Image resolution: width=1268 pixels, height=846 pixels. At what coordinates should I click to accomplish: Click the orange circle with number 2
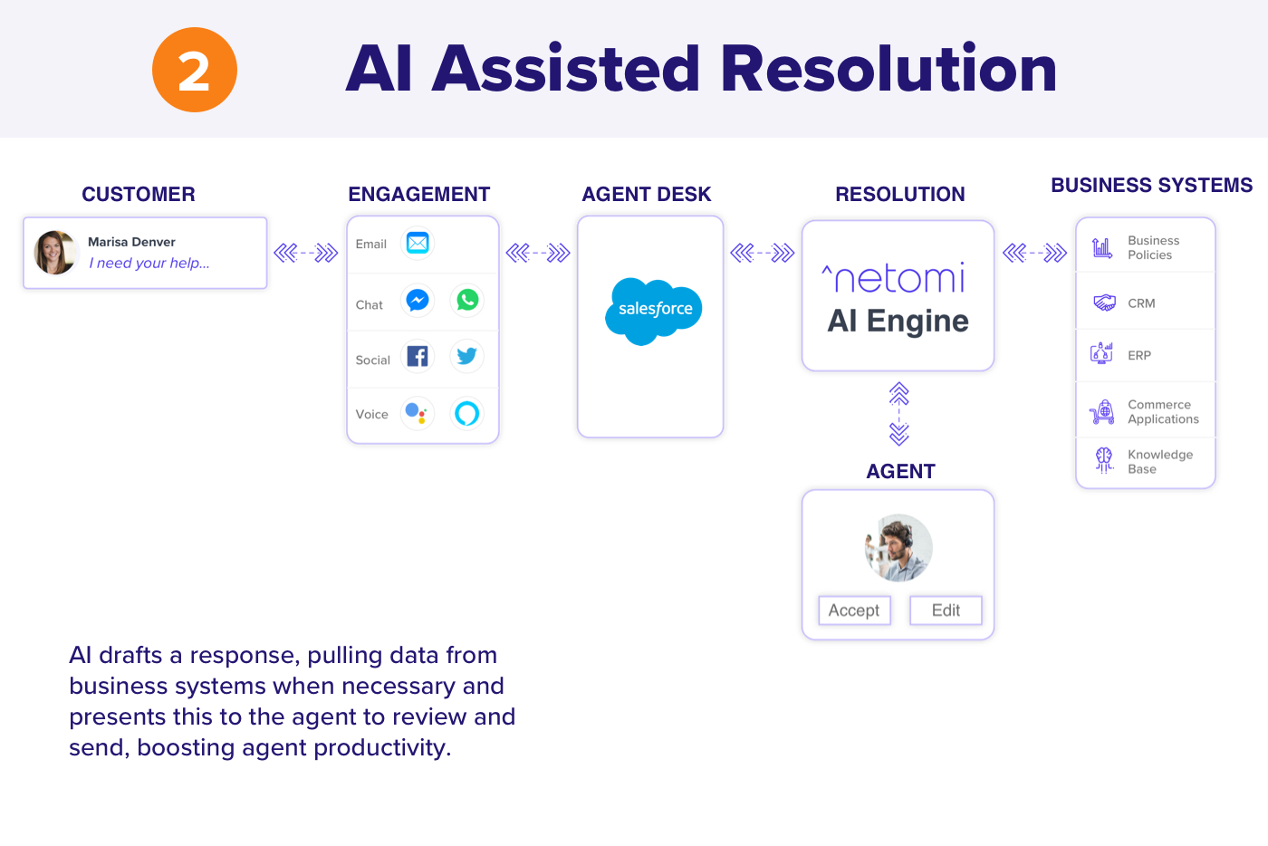194,70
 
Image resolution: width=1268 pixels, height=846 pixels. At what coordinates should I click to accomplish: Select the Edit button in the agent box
946,610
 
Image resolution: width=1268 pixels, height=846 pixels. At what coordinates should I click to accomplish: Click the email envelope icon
418,244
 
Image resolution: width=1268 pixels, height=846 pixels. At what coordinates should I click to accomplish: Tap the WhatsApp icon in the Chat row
467,300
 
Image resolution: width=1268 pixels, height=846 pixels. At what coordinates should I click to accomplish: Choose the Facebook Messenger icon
418,300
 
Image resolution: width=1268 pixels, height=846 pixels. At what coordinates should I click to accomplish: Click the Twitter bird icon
467,356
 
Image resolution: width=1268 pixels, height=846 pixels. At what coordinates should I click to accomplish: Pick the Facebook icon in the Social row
418,356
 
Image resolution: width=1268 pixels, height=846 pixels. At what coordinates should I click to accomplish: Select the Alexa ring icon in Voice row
467,413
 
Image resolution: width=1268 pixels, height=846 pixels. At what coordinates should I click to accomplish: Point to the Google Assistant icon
418,413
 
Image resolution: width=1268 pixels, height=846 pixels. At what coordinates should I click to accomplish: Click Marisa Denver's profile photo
54,253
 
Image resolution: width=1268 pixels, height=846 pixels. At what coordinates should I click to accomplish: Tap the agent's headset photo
898,548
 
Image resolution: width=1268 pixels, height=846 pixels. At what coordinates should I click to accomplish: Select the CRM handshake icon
1104,303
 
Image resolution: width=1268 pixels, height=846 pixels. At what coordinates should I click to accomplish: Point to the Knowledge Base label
1160,462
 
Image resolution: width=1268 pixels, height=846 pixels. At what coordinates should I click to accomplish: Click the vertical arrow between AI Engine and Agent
898,414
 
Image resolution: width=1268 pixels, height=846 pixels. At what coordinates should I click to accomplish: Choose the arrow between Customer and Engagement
306,253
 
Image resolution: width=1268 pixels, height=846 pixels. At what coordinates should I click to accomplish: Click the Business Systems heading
1151,185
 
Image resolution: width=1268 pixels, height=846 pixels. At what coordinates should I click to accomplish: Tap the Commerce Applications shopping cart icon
1102,411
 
